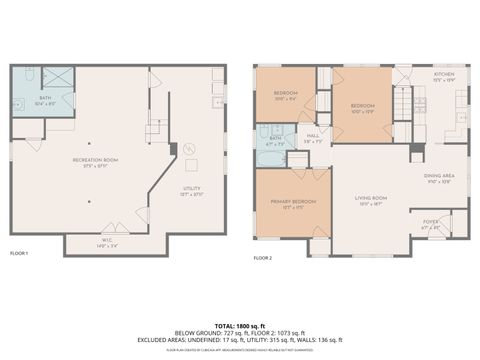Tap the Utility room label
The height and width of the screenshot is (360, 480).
[191, 189]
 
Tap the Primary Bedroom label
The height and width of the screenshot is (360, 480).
[292, 203]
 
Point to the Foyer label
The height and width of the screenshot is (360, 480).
[431, 224]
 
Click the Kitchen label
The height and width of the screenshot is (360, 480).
[443, 75]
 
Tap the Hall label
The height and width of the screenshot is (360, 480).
[312, 137]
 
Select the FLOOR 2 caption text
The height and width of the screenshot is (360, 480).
[263, 258]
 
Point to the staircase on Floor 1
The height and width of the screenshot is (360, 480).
[154, 128]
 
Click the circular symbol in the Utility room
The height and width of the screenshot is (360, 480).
[187, 149]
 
